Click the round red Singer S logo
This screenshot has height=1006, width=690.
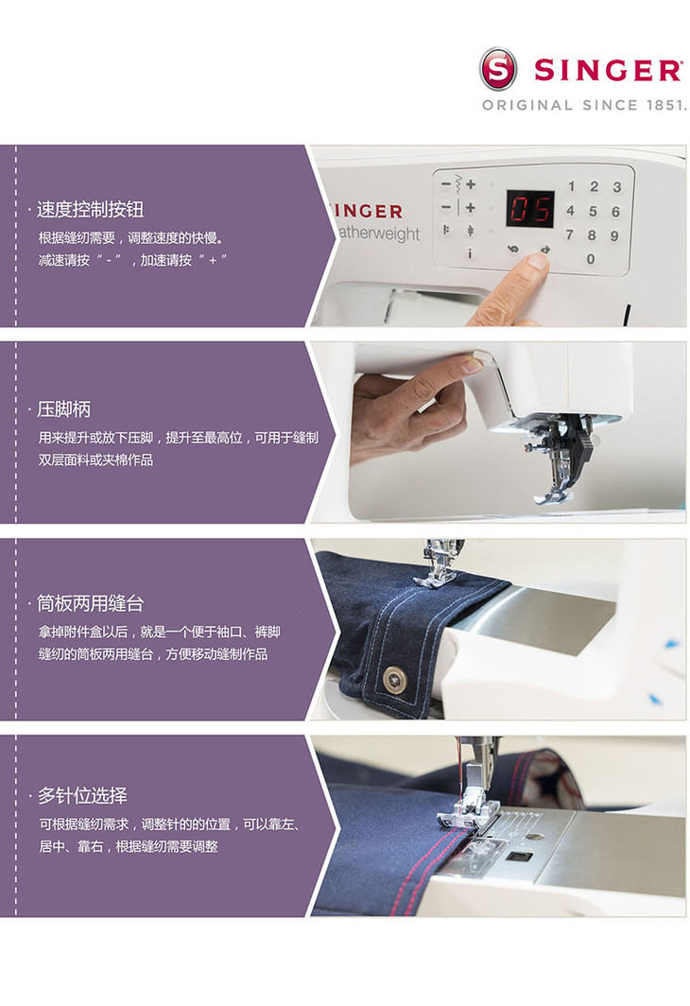[498, 69]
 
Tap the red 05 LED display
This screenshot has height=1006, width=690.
[530, 209]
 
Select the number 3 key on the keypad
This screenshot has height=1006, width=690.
[616, 186]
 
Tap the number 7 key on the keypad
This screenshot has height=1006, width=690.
[569, 234]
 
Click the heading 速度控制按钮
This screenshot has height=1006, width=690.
[90, 209]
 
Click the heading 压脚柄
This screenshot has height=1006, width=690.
[62, 408]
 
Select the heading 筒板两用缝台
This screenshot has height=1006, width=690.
[90, 603]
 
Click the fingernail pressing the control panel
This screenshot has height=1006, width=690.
[538, 260]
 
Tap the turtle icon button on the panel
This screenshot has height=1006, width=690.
[513, 250]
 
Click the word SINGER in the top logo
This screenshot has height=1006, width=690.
[608, 70]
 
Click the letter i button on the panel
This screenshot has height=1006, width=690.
[470, 253]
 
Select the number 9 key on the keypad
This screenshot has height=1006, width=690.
[614, 236]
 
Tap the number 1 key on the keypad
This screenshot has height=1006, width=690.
[571, 186]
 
